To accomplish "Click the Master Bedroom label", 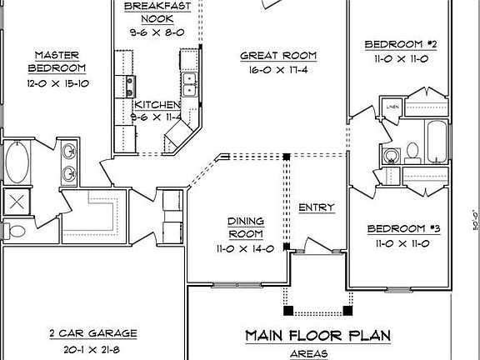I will [x=56, y=61].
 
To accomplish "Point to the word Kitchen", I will [x=157, y=105].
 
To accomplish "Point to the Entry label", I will [x=316, y=207].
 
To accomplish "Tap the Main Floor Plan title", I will [x=318, y=336].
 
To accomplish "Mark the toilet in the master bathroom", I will [x=11, y=230].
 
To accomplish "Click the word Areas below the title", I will [x=317, y=354].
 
